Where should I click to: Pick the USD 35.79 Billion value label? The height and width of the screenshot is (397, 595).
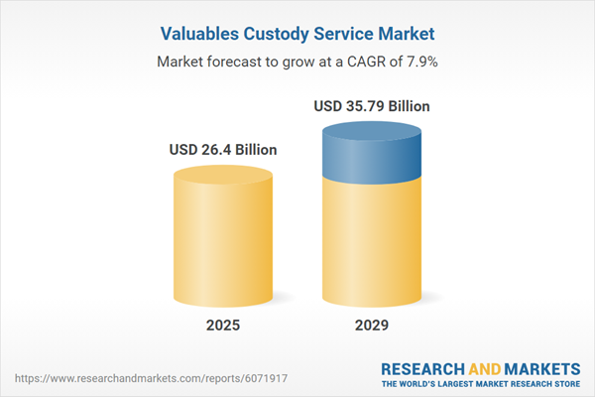pyautogui.click(x=371, y=105)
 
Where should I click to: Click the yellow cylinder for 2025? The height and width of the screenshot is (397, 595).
pyautogui.click(x=224, y=238)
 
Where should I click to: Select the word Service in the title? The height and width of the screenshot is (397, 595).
pyautogui.click(x=348, y=34)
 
